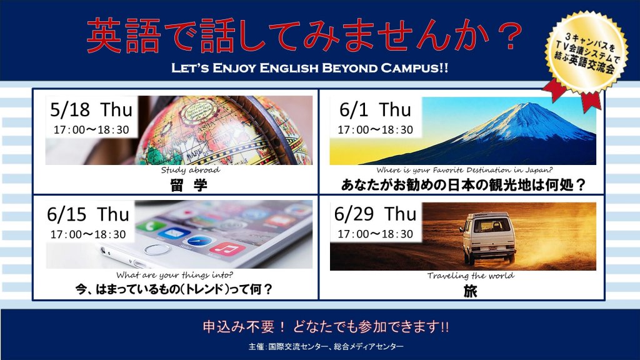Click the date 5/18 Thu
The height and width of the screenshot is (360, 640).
[x=91, y=109]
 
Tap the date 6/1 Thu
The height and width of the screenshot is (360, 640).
[x=375, y=109]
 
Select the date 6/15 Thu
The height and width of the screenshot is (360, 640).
[x=87, y=214]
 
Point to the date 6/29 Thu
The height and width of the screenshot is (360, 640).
[x=375, y=214]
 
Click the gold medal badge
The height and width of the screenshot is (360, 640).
[x=587, y=53]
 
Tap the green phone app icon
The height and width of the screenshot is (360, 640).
[x=151, y=226]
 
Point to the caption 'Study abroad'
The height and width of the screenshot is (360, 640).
[x=190, y=170]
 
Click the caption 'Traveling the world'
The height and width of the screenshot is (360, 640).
[x=471, y=276]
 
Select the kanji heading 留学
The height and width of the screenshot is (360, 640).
[x=189, y=185]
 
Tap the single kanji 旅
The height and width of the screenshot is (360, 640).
[x=470, y=291]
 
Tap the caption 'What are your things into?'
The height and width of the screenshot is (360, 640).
[x=175, y=275]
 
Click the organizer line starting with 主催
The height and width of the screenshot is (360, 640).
[x=326, y=346]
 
